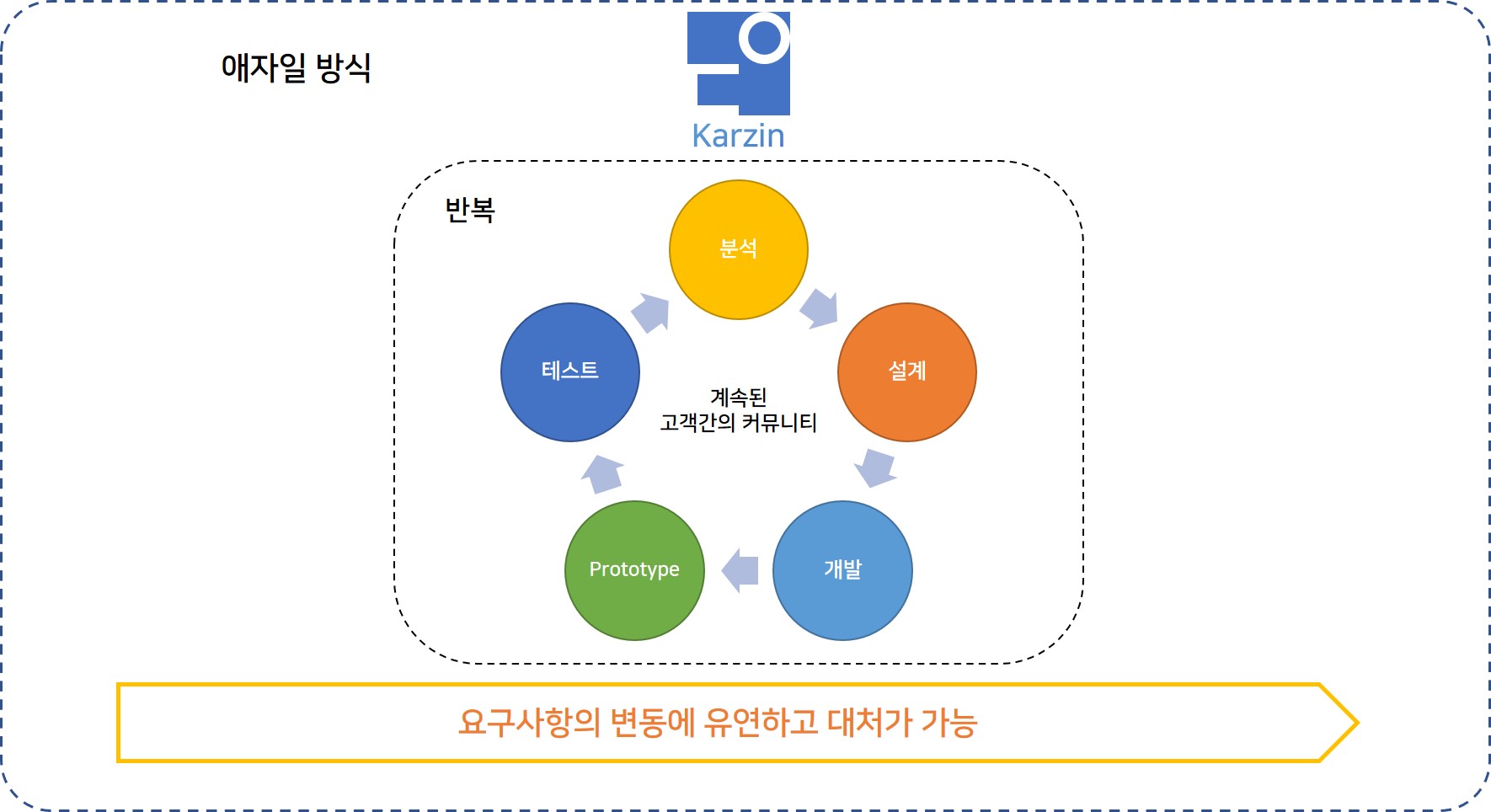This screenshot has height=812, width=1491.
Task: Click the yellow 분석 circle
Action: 738,249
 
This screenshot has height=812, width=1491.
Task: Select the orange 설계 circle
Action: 906,371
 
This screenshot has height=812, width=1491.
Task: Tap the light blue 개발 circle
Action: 842,570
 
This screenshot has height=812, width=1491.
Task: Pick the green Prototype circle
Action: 634,570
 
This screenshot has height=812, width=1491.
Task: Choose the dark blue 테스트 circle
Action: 570,371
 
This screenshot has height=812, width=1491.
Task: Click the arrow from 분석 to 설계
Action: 820,308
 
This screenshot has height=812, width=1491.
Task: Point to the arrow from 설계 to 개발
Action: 876,467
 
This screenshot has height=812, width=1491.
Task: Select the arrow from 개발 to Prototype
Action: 740,570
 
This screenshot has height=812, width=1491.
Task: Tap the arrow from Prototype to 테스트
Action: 602,473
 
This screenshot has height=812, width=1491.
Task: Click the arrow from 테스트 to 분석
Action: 650,313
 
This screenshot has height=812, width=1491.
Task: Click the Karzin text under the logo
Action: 738,136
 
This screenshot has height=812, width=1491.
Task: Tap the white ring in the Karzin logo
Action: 765,37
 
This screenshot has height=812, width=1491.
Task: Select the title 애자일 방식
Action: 296,67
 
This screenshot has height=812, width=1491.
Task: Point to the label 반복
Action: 469,210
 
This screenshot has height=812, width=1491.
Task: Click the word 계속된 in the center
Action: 738,397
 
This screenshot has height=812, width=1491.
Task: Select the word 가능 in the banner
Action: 949,723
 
